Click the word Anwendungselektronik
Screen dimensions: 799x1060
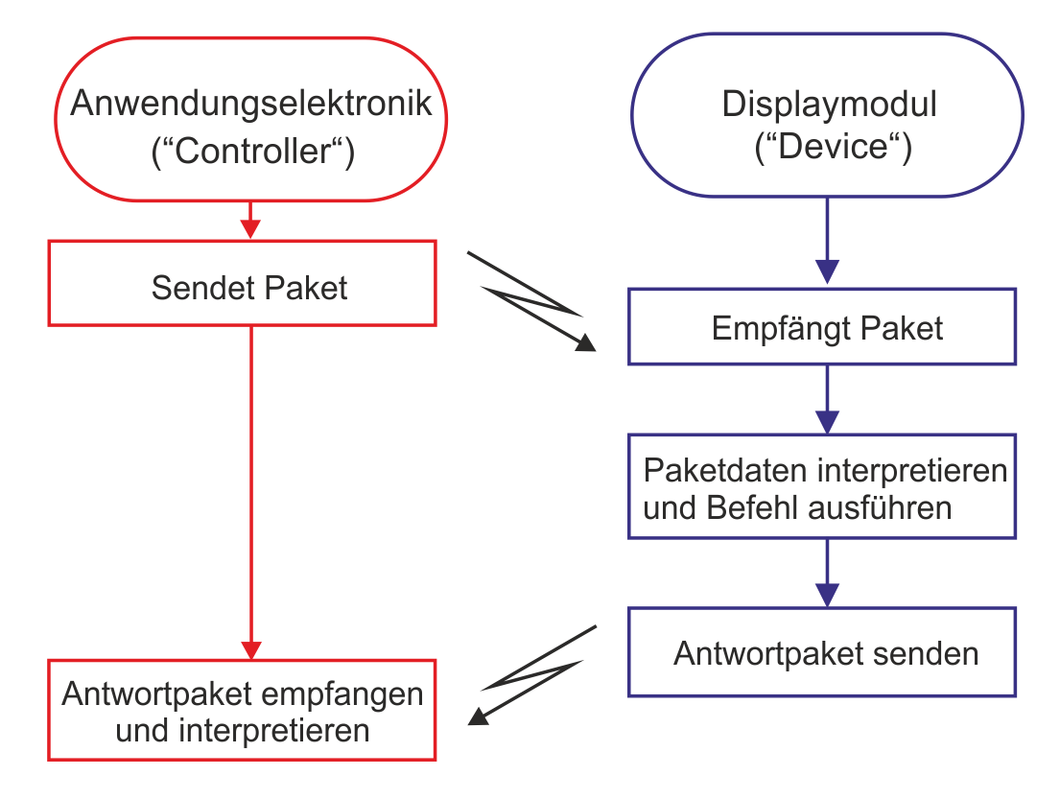tap(251, 104)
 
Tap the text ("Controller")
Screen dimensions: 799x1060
tap(253, 152)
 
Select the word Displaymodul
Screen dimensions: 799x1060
tap(829, 104)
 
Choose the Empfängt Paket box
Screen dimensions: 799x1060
tap(822, 328)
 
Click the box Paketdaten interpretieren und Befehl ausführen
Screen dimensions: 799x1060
tap(822, 487)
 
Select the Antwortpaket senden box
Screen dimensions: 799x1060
tap(822, 653)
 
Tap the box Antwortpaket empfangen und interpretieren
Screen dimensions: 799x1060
tap(242, 711)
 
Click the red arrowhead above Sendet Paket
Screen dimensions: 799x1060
tap(250, 228)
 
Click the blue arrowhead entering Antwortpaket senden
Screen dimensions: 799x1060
tap(827, 594)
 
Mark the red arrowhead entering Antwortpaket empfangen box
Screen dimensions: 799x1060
tap(250, 647)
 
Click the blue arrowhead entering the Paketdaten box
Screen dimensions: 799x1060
tap(827, 421)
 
